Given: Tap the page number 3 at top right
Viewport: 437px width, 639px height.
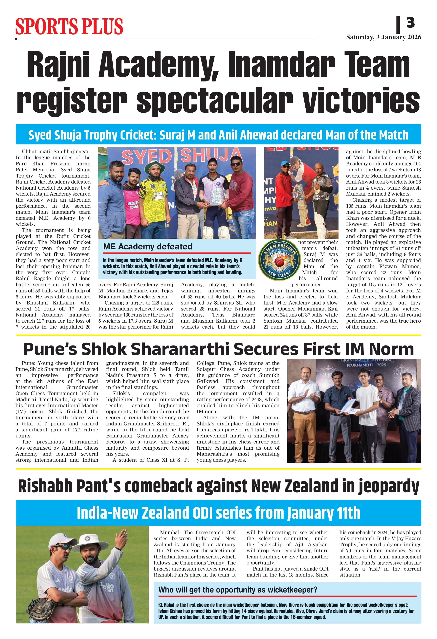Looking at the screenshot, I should click(410, 23).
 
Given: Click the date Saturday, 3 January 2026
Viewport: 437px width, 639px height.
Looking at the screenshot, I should click(383, 37).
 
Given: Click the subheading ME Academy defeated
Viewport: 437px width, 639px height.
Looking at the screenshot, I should click(148, 247).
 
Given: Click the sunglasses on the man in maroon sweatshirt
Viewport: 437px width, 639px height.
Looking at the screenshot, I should click(235, 164).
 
